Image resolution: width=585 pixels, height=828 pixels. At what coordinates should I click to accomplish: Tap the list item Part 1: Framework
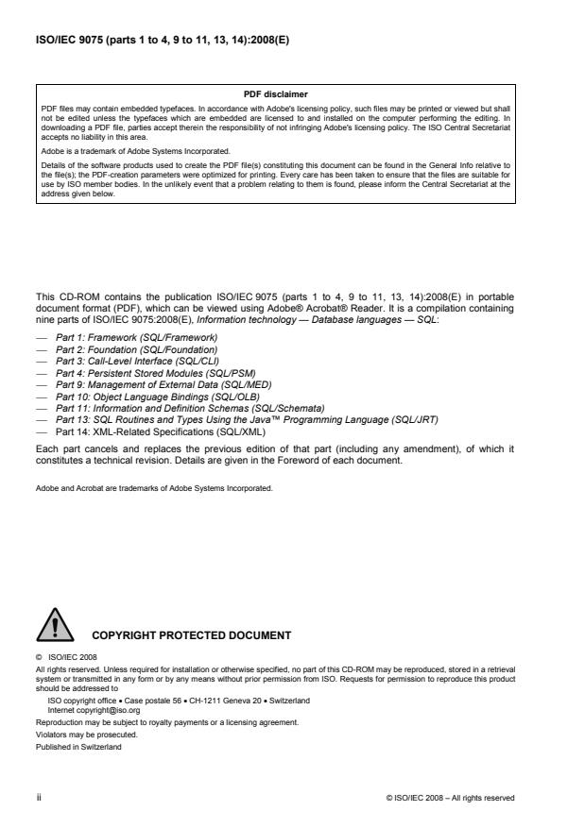tap(136, 337)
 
